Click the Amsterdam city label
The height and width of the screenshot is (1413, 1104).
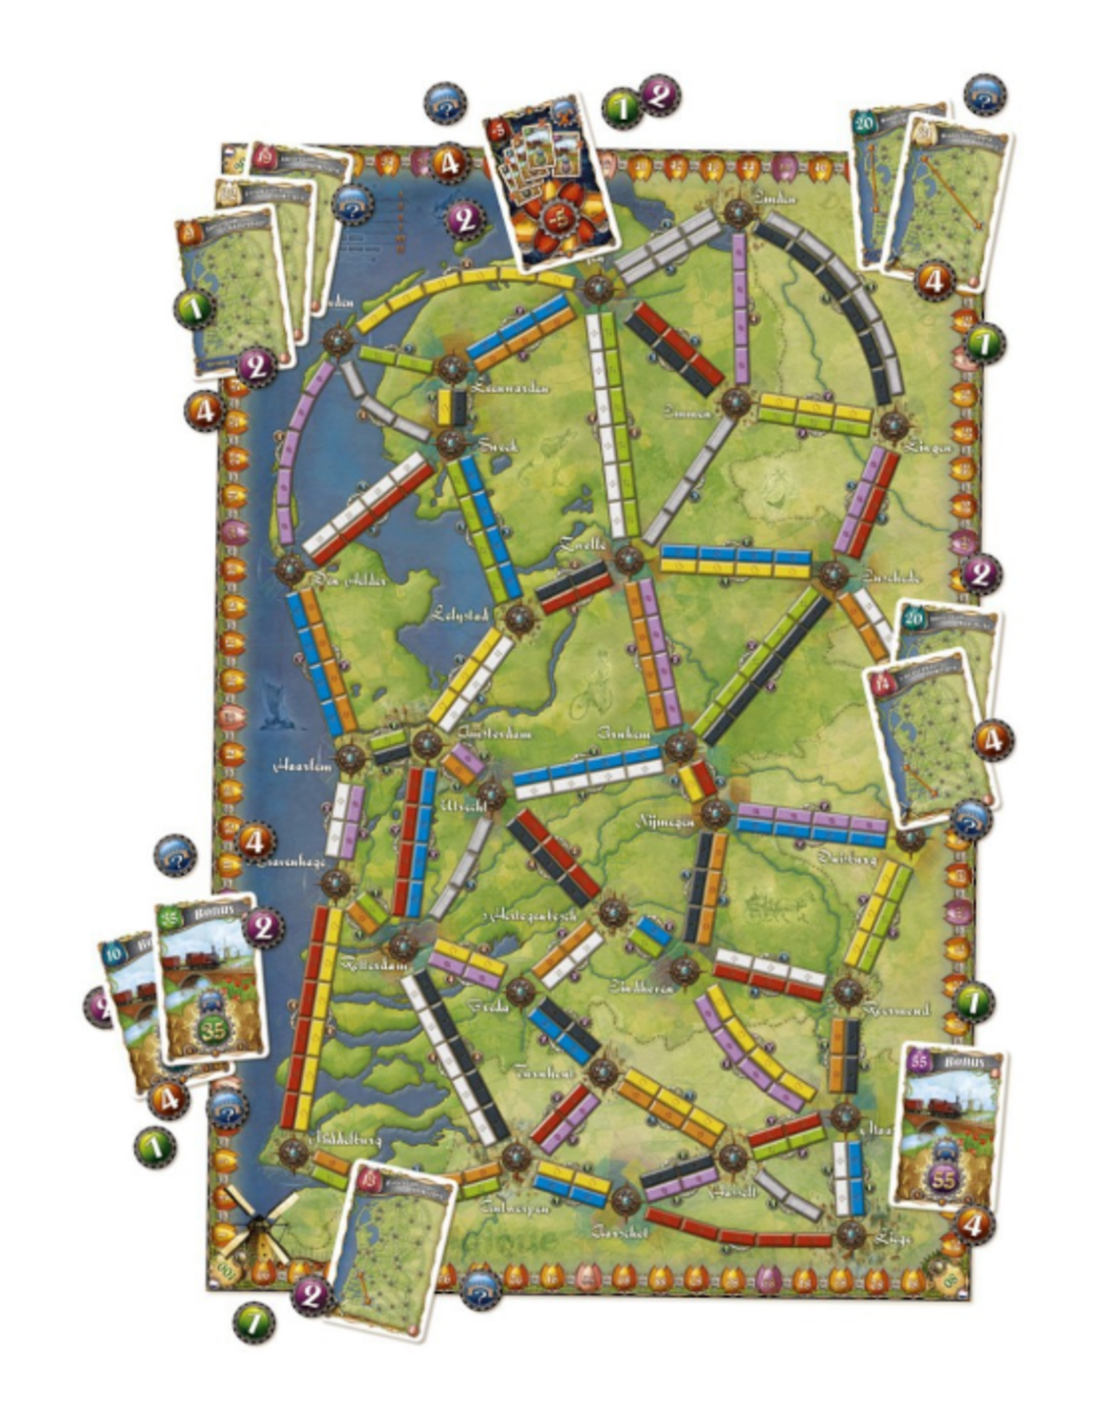[495, 733]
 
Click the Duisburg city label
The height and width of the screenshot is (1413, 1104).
[847, 858]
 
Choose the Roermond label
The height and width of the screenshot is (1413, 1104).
[896, 1009]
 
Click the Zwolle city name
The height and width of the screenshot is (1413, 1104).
[583, 544]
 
